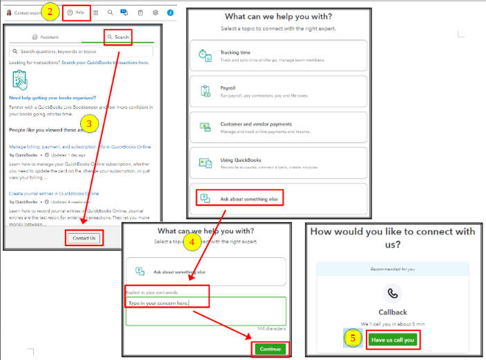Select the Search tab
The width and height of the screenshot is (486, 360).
coord(118,37)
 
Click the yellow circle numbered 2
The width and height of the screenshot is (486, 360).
coord(49,11)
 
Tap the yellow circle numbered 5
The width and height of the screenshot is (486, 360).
coord(353,339)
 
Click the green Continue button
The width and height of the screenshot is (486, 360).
coord(270,349)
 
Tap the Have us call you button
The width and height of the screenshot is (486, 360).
coord(393,339)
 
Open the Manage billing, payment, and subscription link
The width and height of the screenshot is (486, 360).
coord(80,147)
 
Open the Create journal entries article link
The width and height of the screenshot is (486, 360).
coord(54,194)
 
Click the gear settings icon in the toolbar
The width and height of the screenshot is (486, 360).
coord(155,12)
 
